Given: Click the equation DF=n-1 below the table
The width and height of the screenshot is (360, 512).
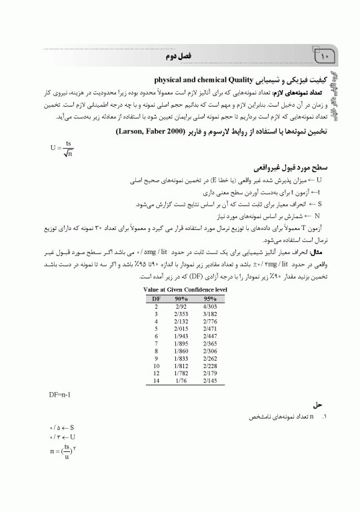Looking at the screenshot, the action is point(61,394).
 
